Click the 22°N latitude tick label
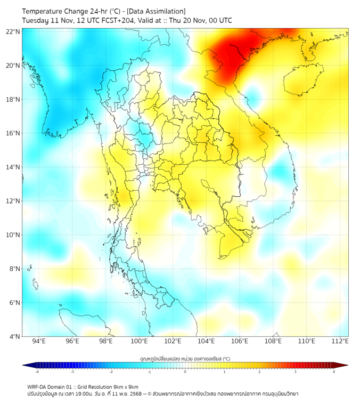13,31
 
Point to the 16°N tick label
13,133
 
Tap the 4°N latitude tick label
15,336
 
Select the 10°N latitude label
13,235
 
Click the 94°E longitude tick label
39,342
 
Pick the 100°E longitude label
139,342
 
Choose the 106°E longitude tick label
240,342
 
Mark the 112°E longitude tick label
340,342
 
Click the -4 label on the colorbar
37,372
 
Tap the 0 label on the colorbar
185,372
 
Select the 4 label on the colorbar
334,372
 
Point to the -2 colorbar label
111,372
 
